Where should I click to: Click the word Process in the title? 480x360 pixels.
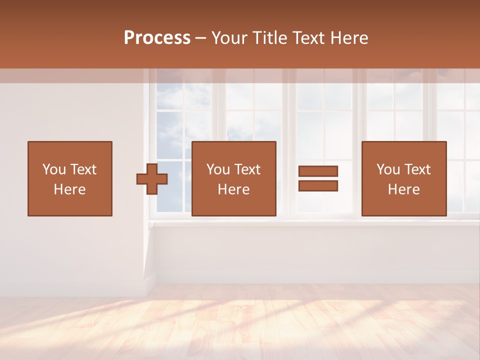(x=157, y=38)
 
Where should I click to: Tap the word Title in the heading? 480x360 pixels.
(x=270, y=38)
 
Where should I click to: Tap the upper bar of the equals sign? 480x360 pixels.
(x=318, y=171)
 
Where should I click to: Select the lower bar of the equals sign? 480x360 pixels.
(x=318, y=186)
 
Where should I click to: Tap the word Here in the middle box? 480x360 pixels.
(x=234, y=189)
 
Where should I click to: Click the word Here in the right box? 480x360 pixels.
(x=404, y=189)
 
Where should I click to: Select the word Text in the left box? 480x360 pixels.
(x=83, y=169)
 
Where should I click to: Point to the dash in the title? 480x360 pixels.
(x=201, y=38)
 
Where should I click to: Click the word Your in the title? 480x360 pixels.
(x=230, y=38)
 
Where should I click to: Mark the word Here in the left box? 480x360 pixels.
(x=70, y=189)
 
